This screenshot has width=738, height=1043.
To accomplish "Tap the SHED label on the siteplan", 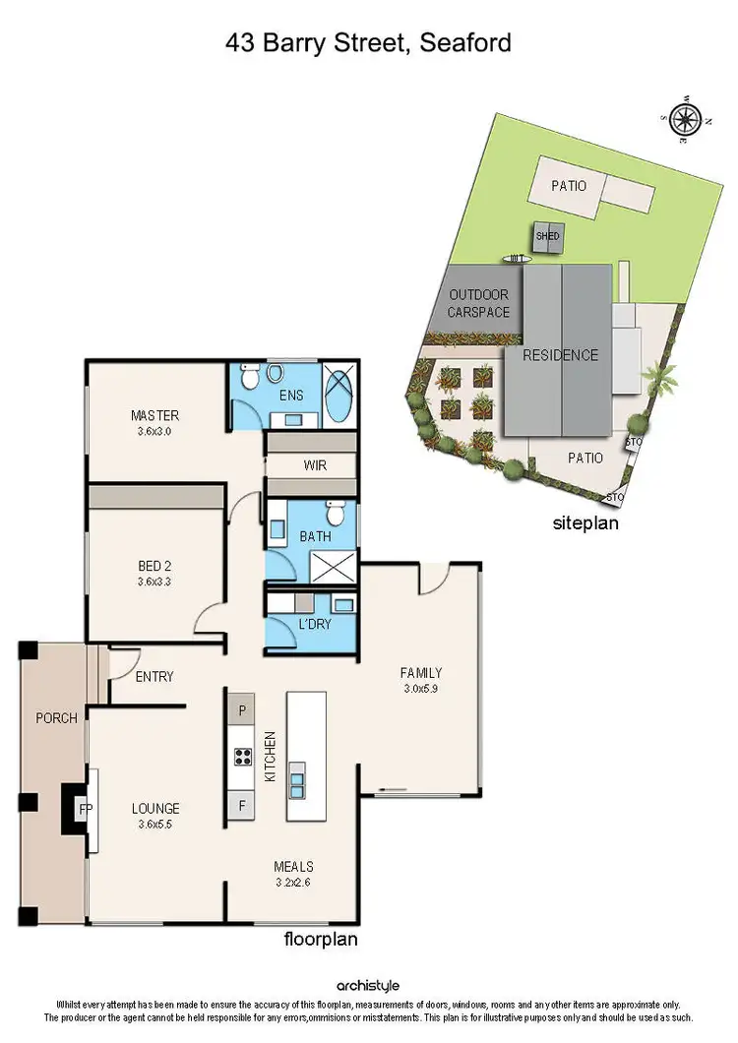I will pos(548,236).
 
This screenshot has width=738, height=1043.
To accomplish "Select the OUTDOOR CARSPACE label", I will pos(479,303).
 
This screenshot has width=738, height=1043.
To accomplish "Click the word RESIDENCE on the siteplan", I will pos(560,355).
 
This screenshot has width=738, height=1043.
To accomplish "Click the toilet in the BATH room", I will pos(337,513).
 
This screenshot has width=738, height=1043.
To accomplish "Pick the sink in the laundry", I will pos(343,605).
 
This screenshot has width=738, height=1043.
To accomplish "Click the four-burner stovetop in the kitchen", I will pos(242,756).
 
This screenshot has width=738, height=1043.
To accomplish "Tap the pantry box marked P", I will pos(242,709).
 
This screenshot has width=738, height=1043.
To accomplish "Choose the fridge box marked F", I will pos(242,805).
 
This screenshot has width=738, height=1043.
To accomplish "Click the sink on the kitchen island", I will pos(297,787).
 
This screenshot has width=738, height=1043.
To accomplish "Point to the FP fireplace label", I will pos(86,809).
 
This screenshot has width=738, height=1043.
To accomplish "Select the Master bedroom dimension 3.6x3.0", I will pos(155,431).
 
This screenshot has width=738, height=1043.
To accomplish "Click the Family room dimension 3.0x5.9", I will pos(420,689).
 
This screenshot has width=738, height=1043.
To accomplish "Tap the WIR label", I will pos(316,465).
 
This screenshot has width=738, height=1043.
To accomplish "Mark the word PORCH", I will pos(56,718).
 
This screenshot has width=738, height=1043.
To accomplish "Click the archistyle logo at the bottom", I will pos(369,985).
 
